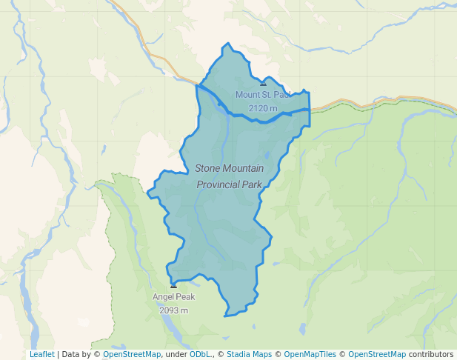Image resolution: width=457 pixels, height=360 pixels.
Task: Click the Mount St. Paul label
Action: point(263,95)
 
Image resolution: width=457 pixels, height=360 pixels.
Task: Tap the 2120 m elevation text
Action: point(263,108)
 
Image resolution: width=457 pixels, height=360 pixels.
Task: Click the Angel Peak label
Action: point(173,297)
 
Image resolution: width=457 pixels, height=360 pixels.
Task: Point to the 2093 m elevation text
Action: point(173,310)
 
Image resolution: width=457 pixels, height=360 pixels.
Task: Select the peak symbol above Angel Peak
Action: point(173,285)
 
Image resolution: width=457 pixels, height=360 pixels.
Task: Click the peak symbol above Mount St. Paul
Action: point(263,84)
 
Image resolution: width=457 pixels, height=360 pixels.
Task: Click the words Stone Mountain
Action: point(229,169)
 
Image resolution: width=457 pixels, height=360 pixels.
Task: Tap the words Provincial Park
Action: point(229,184)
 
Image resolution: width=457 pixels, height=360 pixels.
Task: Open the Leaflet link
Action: point(41,354)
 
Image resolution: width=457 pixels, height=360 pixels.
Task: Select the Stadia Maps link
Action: point(249,354)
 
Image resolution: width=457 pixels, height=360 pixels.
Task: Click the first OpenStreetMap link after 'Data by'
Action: point(132,354)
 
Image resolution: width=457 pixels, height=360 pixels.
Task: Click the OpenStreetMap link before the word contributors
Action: point(377,354)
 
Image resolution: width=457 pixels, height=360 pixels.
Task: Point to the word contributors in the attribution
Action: point(431,354)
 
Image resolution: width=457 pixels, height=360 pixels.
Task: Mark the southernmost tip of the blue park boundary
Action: point(224,316)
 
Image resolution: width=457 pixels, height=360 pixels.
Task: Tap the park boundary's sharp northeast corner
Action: point(308,93)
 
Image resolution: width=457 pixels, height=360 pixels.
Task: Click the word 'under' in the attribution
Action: point(176,354)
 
